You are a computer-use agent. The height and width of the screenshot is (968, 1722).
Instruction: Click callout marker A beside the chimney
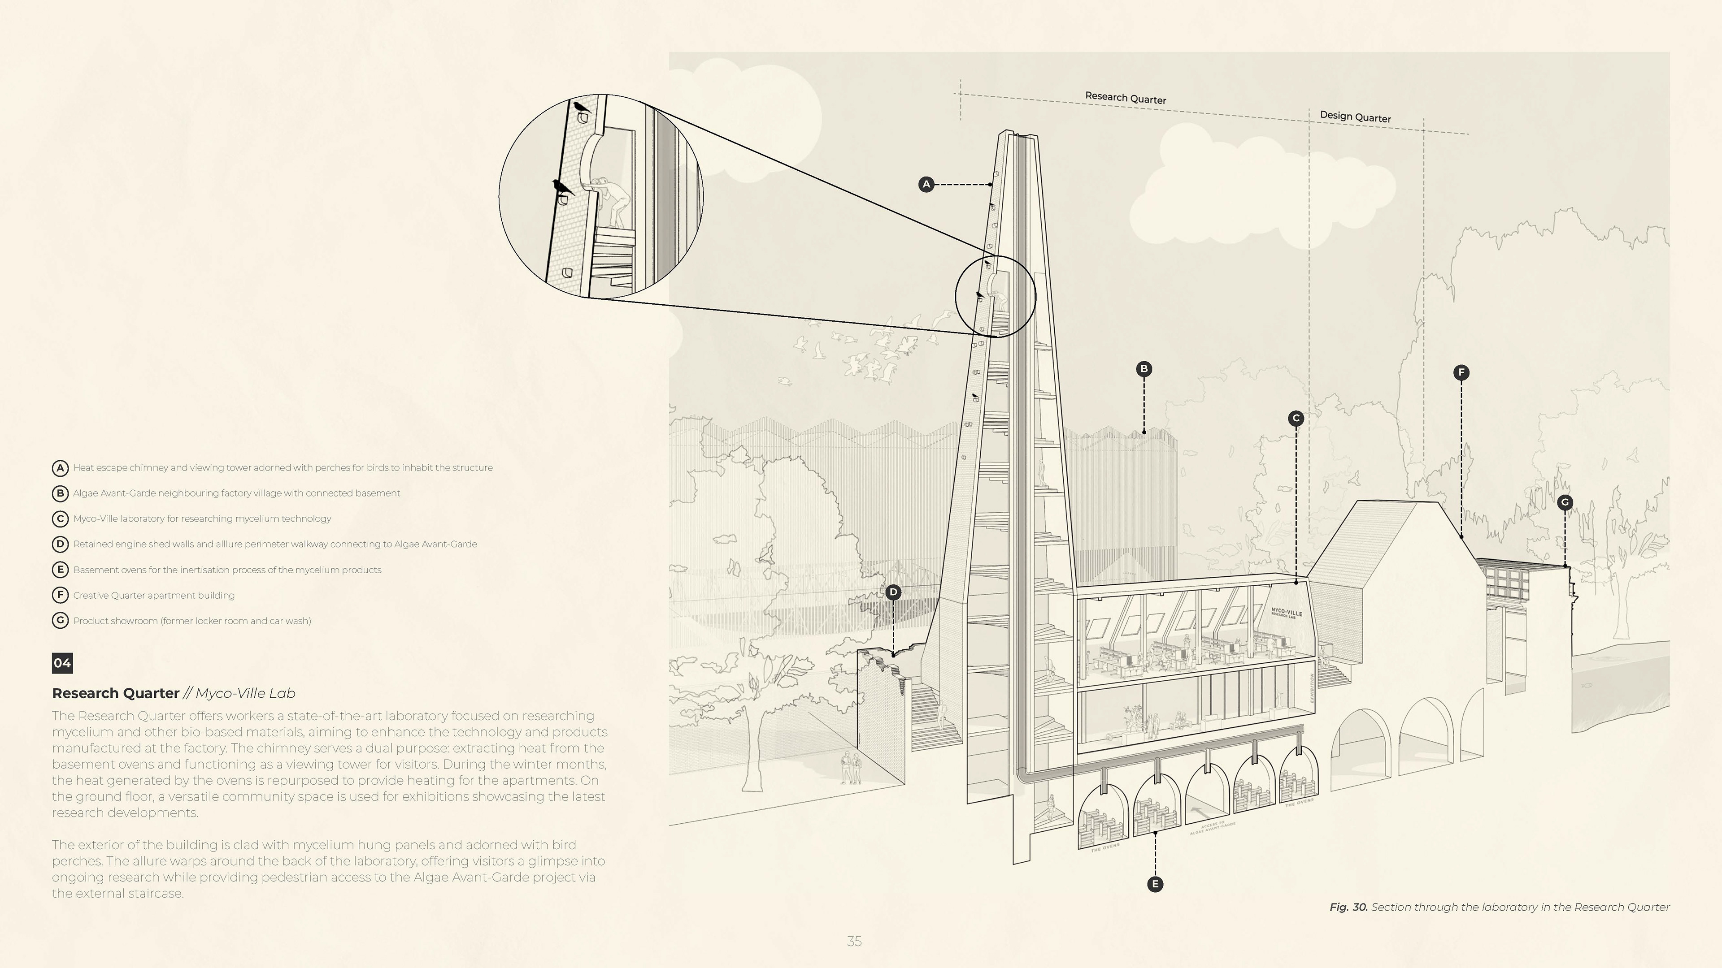pyautogui.click(x=926, y=184)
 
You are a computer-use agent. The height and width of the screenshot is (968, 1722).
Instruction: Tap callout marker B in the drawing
pyautogui.click(x=1144, y=369)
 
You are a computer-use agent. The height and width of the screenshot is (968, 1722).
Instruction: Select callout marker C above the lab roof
pyautogui.click(x=1296, y=418)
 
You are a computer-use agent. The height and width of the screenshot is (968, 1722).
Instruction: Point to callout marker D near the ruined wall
pyautogui.click(x=893, y=592)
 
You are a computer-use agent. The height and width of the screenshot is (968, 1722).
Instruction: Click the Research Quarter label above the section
pyautogui.click(x=1125, y=98)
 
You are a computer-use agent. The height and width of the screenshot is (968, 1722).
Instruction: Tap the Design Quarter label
pyautogui.click(x=1355, y=117)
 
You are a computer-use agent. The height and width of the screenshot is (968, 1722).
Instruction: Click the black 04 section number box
pyautogui.click(x=62, y=663)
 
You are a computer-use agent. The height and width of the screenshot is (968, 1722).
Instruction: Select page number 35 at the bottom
pyautogui.click(x=854, y=941)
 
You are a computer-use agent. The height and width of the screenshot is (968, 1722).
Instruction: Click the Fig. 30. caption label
pyautogui.click(x=1348, y=907)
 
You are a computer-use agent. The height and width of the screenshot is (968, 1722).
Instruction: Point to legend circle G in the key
pyautogui.click(x=60, y=621)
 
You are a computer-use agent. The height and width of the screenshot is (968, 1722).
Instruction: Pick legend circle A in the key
pyautogui.click(x=60, y=467)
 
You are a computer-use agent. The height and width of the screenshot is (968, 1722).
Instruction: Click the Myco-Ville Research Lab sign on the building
pyautogui.click(x=1286, y=613)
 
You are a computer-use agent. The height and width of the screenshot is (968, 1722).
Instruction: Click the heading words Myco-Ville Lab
pyautogui.click(x=245, y=693)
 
